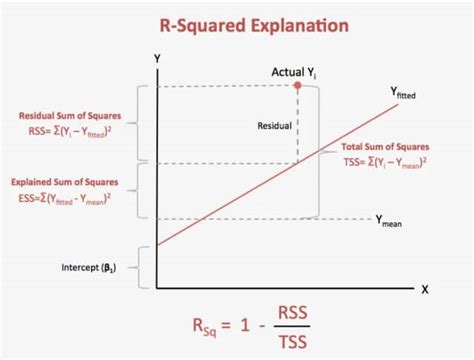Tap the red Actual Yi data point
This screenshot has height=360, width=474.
(x=298, y=87)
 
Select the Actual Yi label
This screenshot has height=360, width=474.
(x=296, y=71)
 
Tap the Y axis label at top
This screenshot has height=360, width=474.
(x=157, y=59)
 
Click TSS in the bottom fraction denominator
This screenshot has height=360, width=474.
(x=291, y=343)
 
